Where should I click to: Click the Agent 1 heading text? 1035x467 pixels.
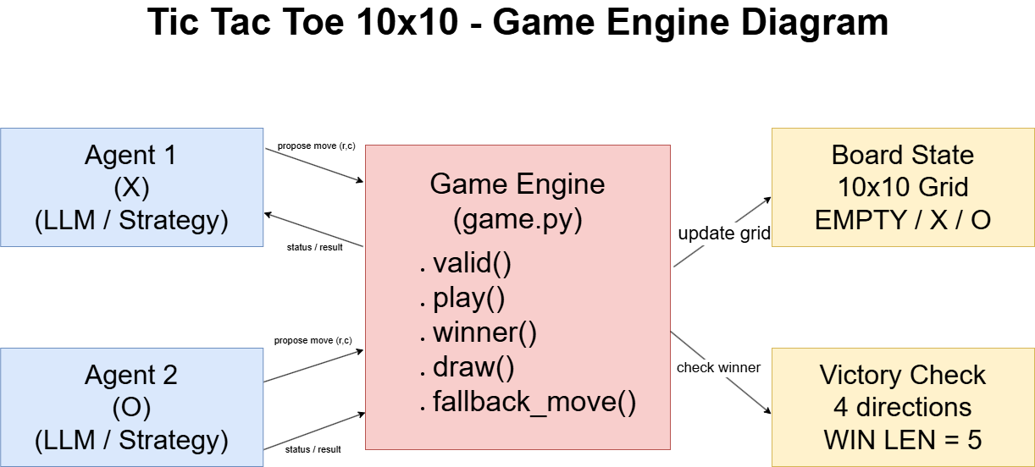point(131,156)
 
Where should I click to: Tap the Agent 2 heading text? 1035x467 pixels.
point(131,376)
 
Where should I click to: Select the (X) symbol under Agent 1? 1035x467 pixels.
point(131,188)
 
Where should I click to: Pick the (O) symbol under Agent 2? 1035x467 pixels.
point(131,408)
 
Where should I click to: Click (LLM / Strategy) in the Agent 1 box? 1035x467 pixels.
point(131,220)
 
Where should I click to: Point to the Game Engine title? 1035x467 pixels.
point(517,184)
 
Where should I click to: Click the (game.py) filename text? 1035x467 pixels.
point(517,219)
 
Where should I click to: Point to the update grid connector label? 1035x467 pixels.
point(724,233)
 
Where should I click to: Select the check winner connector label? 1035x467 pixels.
point(718,368)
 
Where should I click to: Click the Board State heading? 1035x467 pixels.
point(903,156)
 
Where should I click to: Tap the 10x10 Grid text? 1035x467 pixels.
point(903,188)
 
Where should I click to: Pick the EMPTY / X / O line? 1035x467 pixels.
point(903,220)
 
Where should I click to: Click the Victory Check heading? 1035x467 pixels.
point(903,376)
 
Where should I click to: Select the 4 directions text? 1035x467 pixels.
point(903,408)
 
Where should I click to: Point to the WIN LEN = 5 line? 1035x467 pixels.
point(903,440)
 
